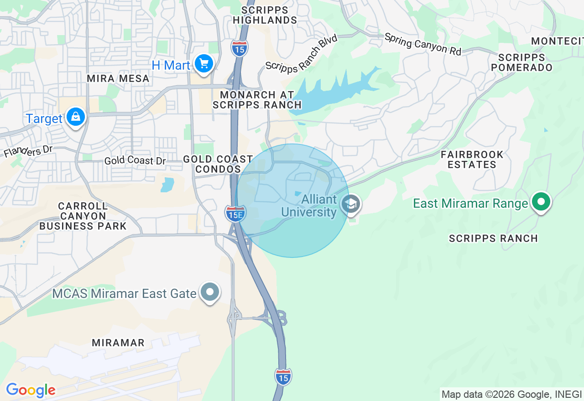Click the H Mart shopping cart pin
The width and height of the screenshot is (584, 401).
click(x=203, y=63)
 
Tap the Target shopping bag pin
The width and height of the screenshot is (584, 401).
click(x=76, y=117)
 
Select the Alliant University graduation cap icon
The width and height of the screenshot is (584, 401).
click(x=352, y=204)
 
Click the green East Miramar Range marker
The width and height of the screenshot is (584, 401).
click(x=541, y=202)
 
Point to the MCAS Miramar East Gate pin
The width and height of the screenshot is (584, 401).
click(x=210, y=292)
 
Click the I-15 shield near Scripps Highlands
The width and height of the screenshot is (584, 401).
click(x=239, y=48)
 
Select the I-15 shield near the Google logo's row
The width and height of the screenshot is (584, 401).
click(x=283, y=377)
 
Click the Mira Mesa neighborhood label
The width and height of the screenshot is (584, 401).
click(x=118, y=78)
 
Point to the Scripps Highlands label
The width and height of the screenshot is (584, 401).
click(x=265, y=15)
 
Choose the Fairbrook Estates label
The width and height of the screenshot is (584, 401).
click(x=472, y=159)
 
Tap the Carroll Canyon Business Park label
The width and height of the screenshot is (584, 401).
click(x=83, y=216)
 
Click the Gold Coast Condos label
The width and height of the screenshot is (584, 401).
click(x=218, y=164)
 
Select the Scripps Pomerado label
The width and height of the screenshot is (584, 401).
click(x=522, y=62)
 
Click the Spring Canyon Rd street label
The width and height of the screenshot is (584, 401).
click(x=423, y=44)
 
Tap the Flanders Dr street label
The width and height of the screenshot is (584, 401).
click(x=28, y=151)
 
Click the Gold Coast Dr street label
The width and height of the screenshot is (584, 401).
click(x=135, y=161)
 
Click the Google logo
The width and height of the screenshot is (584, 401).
click(x=31, y=391)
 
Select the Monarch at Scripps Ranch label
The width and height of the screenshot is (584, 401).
click(x=257, y=100)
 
